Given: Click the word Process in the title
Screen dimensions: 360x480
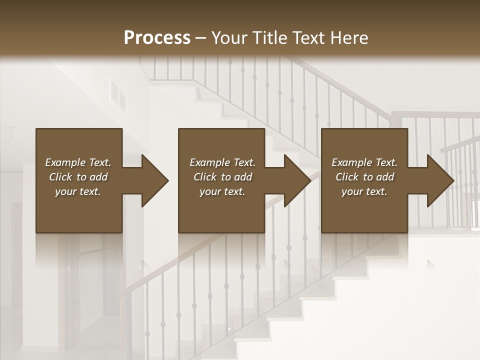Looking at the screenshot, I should (157, 38).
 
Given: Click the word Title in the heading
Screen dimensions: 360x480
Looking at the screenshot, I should (268, 38).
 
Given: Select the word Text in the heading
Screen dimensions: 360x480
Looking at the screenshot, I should (309, 38).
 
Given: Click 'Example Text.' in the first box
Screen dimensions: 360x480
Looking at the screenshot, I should (78, 162).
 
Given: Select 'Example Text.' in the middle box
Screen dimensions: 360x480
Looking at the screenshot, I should (222, 162).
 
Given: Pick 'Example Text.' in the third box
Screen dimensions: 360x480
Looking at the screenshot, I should (364, 162).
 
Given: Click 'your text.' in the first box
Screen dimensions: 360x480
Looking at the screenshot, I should (78, 191).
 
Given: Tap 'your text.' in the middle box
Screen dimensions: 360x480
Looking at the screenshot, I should (222, 191).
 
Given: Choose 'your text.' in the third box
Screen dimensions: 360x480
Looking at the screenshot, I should (364, 191).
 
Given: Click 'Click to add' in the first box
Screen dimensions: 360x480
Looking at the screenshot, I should (78, 177).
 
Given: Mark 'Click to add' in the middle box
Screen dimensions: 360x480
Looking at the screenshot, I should (222, 177).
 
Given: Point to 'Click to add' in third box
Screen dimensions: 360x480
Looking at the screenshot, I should (364, 177).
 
